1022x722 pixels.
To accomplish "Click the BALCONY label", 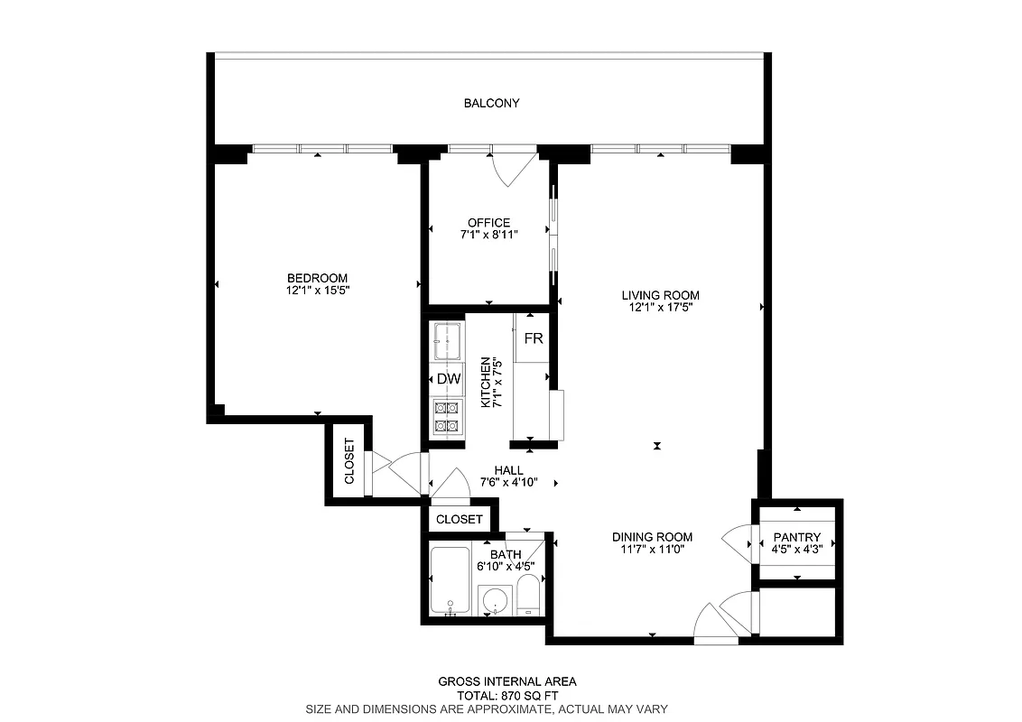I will [491, 103].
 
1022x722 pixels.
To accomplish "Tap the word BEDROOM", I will [317, 278].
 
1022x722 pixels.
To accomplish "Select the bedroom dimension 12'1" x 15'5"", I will [317, 291].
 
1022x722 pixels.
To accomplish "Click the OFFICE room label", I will [488, 223].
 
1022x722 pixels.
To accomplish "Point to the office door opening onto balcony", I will [511, 167].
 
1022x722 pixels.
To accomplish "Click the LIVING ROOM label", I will [660, 295].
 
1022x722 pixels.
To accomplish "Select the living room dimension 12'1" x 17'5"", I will [660, 308].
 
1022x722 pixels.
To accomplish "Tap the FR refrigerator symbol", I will [534, 338].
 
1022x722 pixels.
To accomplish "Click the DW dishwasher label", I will [449, 379].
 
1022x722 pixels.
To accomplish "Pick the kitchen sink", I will [448, 339].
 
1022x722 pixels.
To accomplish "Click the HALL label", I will [508, 470].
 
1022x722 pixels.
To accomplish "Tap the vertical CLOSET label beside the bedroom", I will [349, 461].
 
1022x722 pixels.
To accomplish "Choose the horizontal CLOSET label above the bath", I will [460, 520].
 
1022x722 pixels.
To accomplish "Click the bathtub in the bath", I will [450, 582].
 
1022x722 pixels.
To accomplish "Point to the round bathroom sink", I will [494, 600].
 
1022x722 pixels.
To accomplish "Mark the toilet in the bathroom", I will [529, 598].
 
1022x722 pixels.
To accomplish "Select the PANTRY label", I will [795, 537].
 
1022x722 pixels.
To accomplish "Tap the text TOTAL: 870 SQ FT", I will [506, 696].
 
